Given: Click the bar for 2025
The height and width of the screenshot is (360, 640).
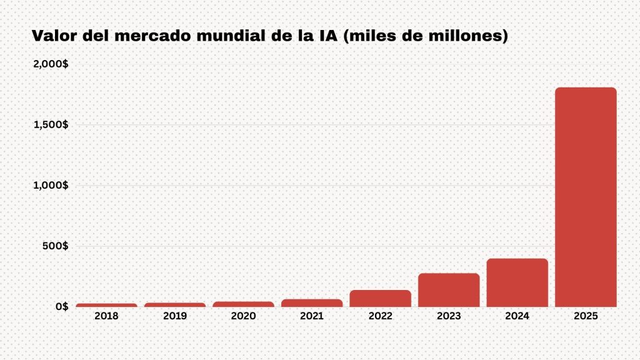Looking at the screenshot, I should coord(586,197).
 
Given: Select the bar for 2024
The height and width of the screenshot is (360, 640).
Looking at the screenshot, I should coord(517,282).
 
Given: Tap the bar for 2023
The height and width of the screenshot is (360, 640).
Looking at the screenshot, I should coord(449,290).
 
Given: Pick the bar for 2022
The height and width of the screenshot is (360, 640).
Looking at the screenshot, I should coord(380,298).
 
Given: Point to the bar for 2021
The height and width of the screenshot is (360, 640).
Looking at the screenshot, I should coord(312,303).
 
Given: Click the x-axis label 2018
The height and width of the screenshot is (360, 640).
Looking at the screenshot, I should coord(106,316).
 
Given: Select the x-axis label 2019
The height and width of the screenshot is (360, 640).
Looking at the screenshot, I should coord(175,316).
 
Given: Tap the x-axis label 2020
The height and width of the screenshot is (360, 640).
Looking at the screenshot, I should coord(243,316).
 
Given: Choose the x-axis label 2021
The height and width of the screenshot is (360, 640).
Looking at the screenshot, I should coord(312,316).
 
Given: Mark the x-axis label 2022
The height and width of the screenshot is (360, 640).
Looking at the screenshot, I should coord(380,316).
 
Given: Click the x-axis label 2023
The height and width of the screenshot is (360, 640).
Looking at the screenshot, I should coord(449,316).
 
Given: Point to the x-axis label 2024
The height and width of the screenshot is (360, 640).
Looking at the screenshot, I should coord(517,316).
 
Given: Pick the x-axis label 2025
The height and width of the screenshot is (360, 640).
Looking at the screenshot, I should coord(586,316).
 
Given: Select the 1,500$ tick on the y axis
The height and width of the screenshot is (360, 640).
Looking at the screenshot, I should coord(51,124).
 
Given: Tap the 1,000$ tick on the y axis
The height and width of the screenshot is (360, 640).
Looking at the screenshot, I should coord(51,185).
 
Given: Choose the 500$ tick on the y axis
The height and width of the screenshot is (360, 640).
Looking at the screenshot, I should coord(56,246).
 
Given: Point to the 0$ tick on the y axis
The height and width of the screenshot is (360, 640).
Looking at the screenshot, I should coord(61,306).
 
